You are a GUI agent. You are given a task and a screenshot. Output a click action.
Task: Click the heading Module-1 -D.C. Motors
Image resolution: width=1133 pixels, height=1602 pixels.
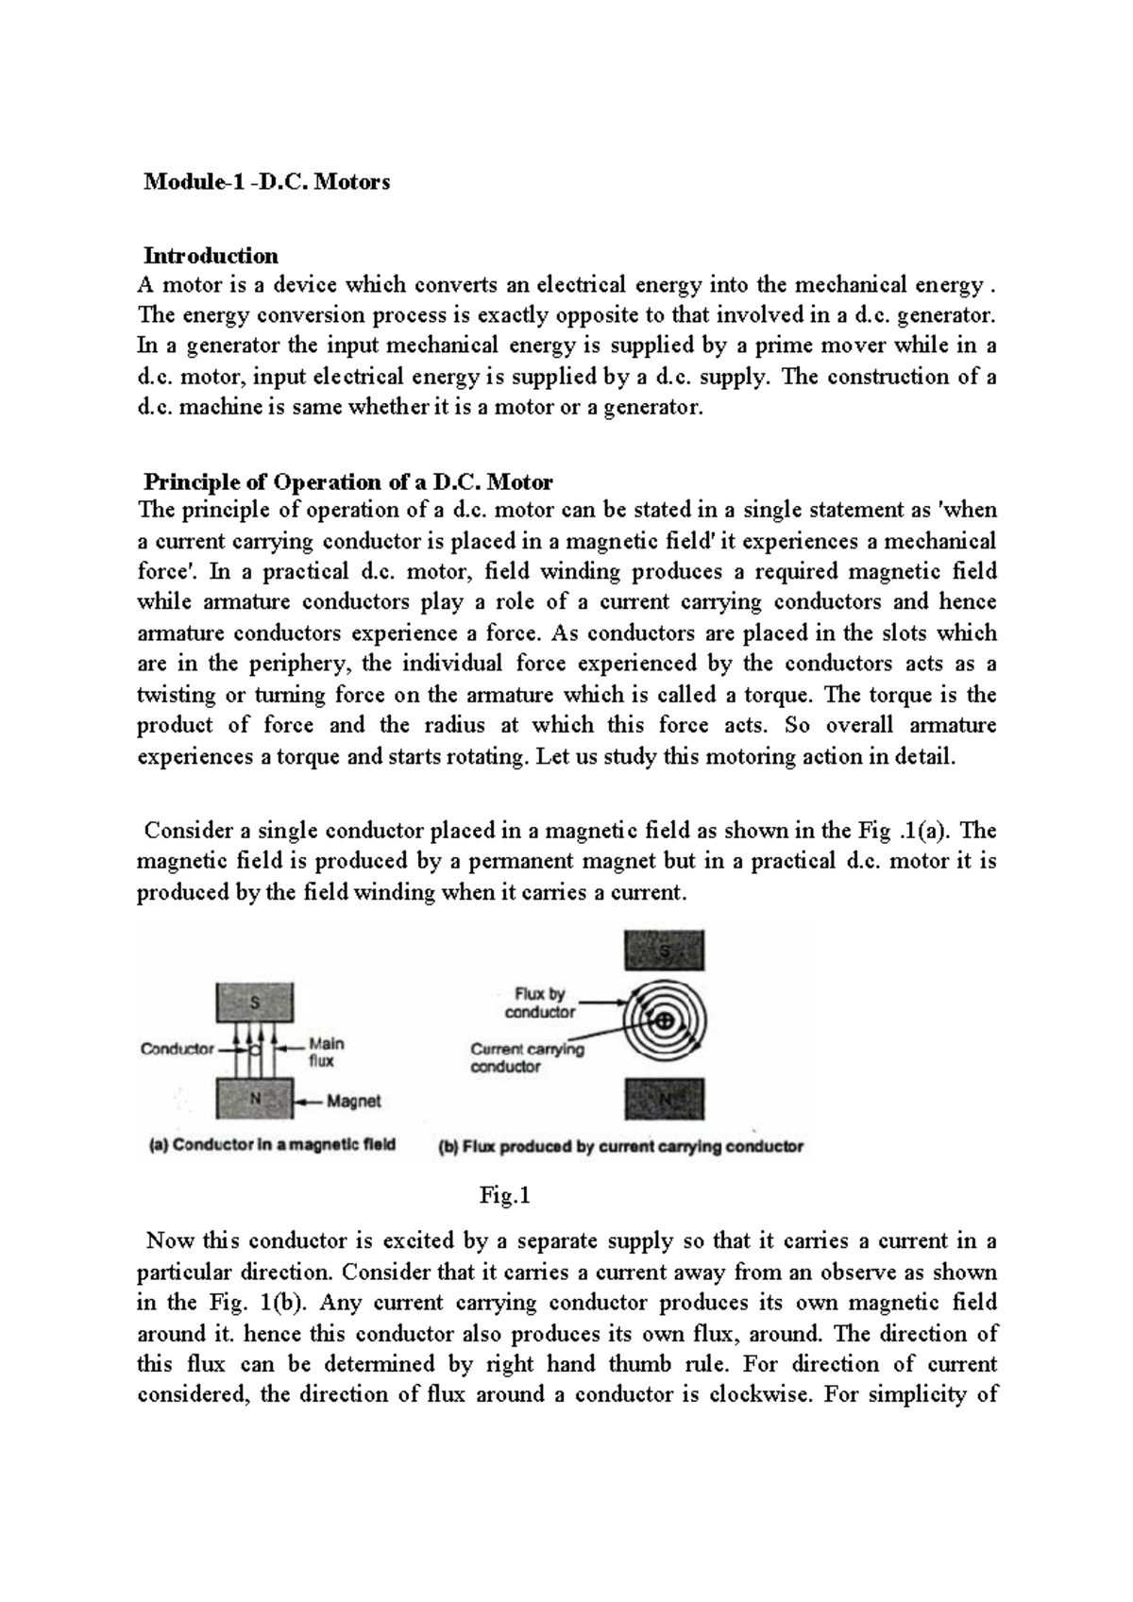tap(266, 182)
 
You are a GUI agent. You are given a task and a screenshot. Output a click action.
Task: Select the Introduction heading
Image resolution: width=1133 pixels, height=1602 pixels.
tap(211, 256)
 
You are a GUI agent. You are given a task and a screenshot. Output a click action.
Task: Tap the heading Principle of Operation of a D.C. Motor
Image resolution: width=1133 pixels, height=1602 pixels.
tap(347, 482)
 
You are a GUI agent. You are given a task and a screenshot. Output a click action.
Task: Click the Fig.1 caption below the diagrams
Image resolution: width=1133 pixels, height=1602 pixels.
tap(505, 1196)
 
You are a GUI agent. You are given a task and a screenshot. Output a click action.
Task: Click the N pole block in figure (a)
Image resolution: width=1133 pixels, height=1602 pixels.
tap(255, 1099)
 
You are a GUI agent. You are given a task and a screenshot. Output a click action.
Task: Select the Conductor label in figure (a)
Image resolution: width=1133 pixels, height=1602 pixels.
tap(177, 1049)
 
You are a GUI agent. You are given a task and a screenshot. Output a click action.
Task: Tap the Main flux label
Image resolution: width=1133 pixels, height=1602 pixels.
tap(327, 1052)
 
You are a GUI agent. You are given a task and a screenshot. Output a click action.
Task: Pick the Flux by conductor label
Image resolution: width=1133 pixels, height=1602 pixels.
tap(539, 1003)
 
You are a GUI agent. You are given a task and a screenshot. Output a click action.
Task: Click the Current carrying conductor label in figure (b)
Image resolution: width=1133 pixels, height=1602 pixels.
tap(527, 1057)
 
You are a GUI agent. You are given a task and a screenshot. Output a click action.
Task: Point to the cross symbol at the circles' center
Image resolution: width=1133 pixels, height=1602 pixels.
tap(664, 1020)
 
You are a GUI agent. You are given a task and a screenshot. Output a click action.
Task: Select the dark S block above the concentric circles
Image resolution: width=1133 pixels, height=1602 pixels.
tap(665, 951)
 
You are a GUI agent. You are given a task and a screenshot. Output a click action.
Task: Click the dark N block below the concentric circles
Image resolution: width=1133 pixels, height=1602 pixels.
tap(665, 1100)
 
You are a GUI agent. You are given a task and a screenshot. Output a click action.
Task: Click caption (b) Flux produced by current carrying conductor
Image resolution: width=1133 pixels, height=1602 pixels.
tap(621, 1147)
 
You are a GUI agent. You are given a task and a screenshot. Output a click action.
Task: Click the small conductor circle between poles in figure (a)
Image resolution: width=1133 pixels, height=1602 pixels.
tap(255, 1049)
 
